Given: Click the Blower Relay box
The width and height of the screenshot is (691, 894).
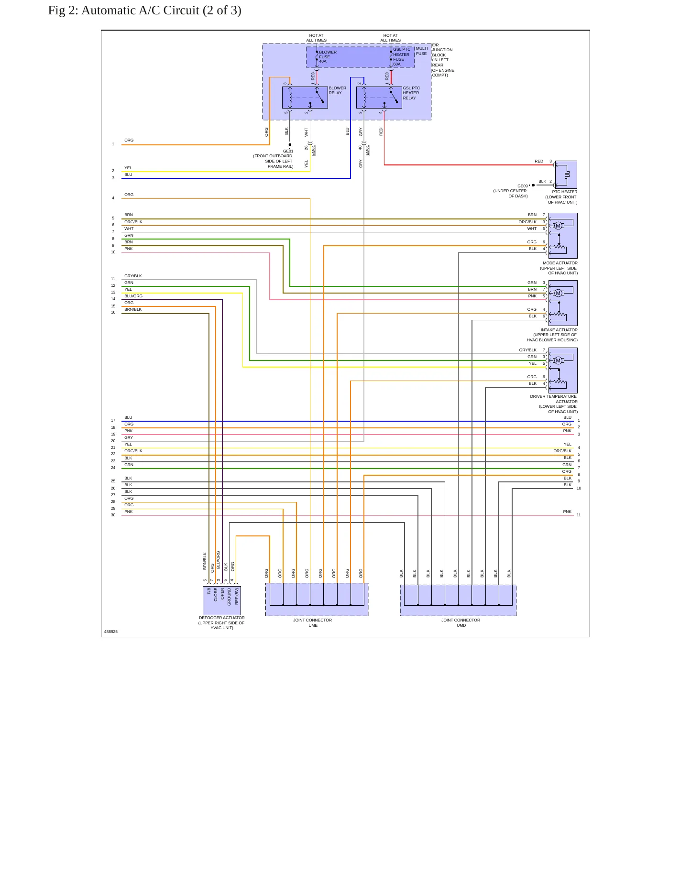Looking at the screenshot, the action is pos(305,98).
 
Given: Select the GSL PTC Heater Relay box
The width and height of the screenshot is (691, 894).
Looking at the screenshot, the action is pos(379,98).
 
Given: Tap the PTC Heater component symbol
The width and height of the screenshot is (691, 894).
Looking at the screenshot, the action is pos(566,174).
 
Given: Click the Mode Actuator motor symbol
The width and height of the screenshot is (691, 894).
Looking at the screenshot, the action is pos(558,226).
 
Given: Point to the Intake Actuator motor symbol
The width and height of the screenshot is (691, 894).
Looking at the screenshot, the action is pos(558,293).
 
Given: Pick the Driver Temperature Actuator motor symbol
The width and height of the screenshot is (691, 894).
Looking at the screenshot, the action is pos(558,360).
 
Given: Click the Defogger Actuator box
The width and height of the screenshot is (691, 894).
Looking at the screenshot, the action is pos(222,600).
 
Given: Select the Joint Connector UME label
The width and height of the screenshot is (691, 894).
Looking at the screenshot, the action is pos(313,622).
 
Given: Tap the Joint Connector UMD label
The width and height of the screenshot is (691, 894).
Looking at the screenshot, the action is pos(461,622).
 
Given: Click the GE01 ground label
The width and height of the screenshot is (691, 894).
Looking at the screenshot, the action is pos(288,151).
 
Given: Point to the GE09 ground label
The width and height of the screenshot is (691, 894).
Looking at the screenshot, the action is pos(522,186).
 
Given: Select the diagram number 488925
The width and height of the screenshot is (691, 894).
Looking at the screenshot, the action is pos(111,632).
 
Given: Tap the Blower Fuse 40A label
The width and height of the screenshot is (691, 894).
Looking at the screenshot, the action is pos(328,57).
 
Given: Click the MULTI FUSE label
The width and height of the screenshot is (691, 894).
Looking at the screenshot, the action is pos(422,51).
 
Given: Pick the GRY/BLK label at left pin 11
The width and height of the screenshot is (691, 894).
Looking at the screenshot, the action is pos(133,276).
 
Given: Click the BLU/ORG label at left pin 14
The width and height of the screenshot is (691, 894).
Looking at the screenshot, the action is pos(133,296).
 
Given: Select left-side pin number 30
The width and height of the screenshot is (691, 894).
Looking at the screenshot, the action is pos(113,515).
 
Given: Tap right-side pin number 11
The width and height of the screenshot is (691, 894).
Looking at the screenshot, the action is pos(579,515).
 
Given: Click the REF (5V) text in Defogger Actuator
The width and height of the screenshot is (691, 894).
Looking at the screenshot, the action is pos(236,597).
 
